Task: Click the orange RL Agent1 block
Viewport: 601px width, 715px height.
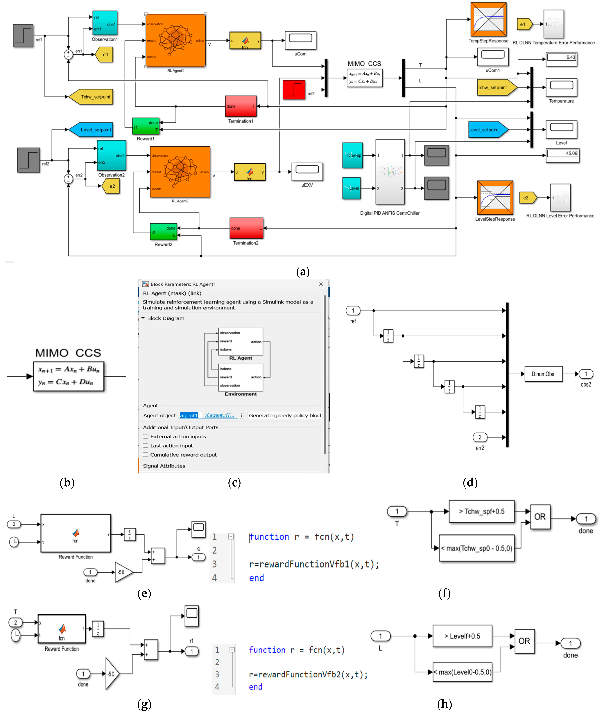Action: point(175,40)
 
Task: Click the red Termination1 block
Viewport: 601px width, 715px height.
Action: point(241,106)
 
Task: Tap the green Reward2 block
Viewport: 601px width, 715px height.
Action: point(164,232)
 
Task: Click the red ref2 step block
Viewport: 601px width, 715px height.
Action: point(294,90)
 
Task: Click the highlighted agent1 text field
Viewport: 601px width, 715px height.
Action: point(189,415)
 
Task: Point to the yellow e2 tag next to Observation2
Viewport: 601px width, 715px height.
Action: point(111,186)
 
